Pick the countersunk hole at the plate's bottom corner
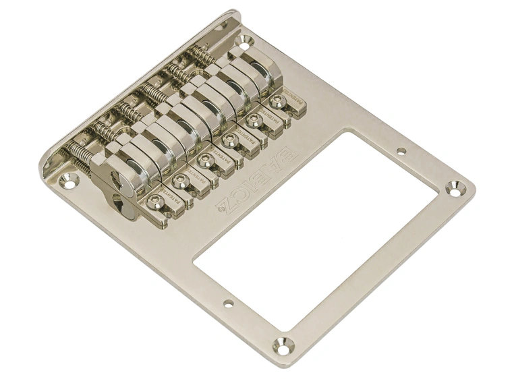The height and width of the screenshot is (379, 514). point(283,346)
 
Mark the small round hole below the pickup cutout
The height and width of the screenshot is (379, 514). point(228,303)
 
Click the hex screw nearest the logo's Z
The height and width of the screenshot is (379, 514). point(155,200)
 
